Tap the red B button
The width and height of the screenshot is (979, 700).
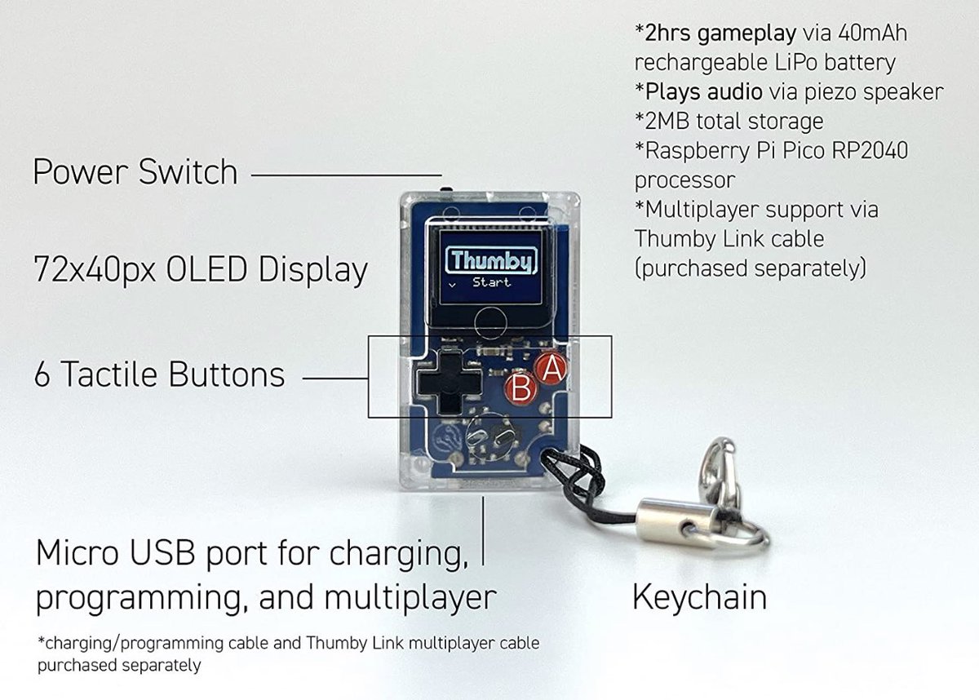coord(521,388)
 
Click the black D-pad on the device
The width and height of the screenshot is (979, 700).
coord(449,382)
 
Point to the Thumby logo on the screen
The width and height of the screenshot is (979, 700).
coord(491,260)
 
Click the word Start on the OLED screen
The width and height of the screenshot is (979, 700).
coord(491,282)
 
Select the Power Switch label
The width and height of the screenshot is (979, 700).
coord(135,172)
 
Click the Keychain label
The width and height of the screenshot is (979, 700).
coord(699,597)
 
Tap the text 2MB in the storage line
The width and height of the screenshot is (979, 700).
coord(667,122)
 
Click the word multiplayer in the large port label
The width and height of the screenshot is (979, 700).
coord(410,599)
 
